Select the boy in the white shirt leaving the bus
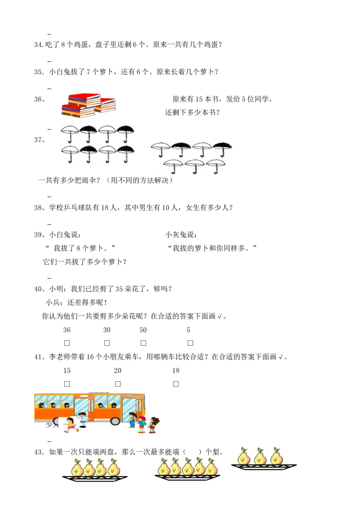tap(82, 419)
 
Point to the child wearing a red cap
tap(142, 425)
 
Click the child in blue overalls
tap(132, 420)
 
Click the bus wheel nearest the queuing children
tap(116, 421)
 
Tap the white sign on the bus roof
tap(99, 390)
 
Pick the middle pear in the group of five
tap(188, 467)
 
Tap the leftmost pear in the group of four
tap(76, 467)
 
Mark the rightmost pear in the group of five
tap(211, 467)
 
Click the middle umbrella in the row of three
tap(194, 165)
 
